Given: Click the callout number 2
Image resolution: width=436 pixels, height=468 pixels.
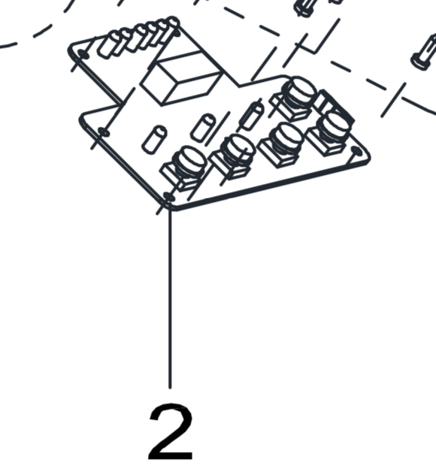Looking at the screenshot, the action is point(171,431).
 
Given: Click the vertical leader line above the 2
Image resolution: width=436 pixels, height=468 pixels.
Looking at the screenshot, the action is point(170,298).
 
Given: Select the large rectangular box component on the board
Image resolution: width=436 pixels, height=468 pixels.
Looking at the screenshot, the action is point(182,78).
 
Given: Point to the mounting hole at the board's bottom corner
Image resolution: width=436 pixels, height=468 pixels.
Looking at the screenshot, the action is point(168,197).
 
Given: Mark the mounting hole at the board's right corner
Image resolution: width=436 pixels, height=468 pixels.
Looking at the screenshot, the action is point(356,151).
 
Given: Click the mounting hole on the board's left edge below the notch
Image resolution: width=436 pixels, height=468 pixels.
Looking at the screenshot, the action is point(103,131).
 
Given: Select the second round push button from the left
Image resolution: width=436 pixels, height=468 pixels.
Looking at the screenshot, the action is point(237,150).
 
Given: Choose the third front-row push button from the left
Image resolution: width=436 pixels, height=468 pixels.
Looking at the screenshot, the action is point(285,138).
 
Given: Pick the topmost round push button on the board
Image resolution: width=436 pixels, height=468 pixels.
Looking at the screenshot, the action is point(298,92).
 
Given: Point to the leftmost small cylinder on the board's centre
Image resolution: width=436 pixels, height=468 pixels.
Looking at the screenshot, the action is point(154,139).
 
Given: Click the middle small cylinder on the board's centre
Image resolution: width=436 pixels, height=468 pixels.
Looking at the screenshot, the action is point(204,128).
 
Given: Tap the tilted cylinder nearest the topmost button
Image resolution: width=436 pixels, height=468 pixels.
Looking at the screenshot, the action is point(252,116).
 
